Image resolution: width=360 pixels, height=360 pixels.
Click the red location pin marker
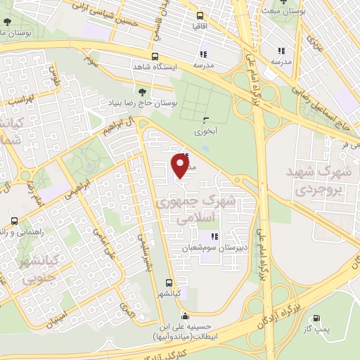(x=181, y=166)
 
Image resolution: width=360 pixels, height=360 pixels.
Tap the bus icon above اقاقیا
(x=201, y=15)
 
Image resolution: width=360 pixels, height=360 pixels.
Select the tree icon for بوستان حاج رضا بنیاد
(x=143, y=92)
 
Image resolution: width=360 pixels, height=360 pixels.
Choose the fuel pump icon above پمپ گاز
(x=324, y=317)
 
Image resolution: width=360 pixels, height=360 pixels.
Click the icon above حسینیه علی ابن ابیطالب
(x=184, y=314)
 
